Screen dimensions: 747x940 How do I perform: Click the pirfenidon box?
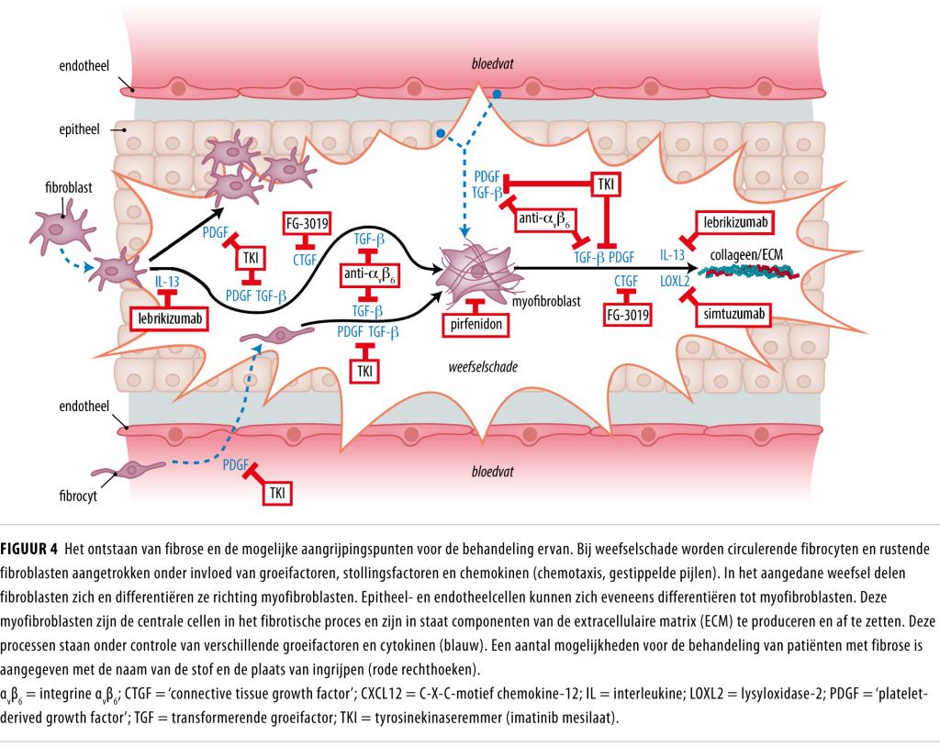click(x=475, y=323)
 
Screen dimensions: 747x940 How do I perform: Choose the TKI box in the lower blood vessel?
click(x=277, y=493)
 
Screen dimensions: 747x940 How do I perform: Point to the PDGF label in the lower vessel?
click(x=237, y=465)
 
